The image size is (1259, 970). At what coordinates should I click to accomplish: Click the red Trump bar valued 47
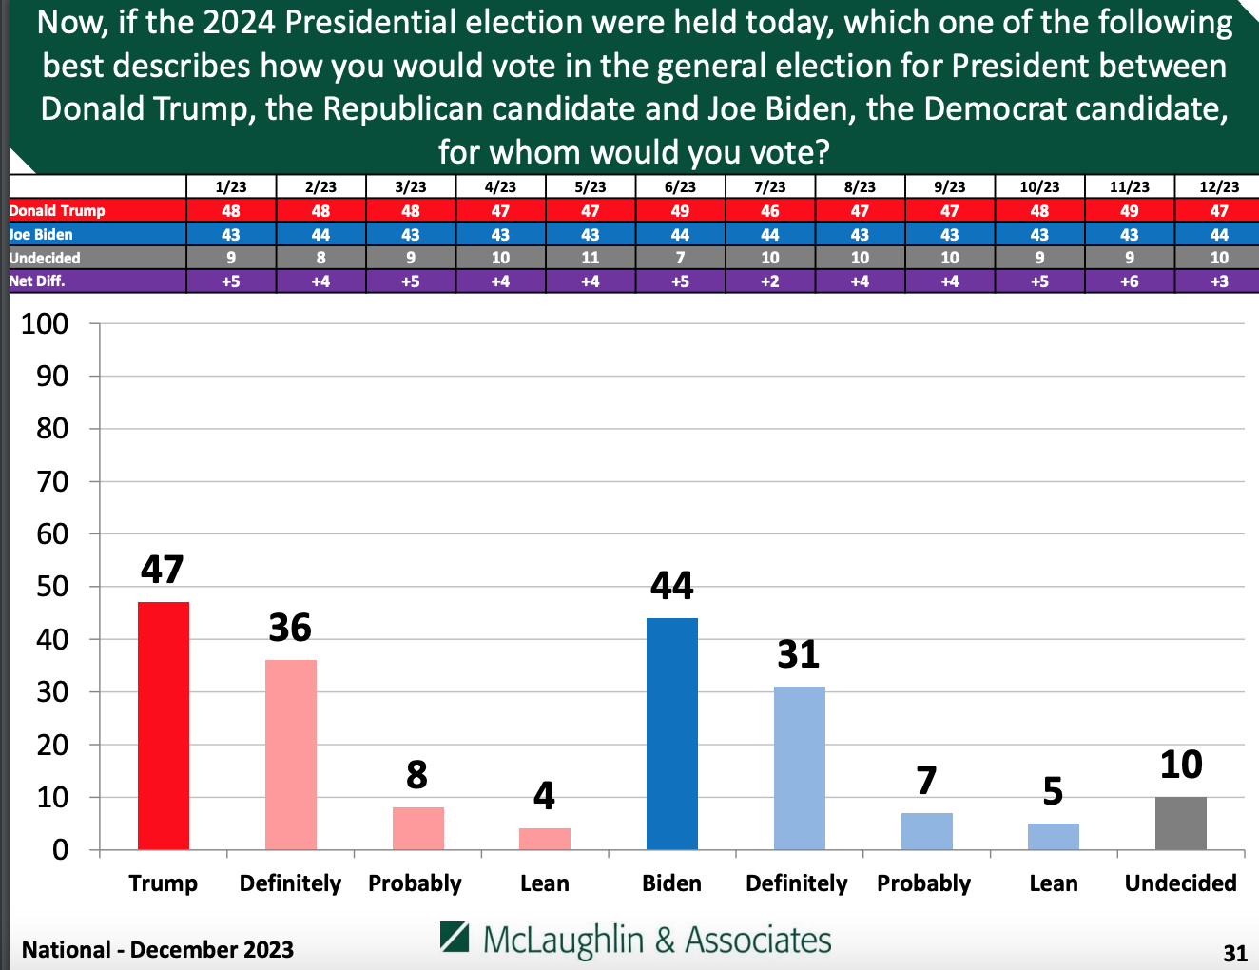(x=164, y=725)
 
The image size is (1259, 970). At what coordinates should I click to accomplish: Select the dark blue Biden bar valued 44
(x=672, y=733)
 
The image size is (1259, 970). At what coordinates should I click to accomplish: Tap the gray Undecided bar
(x=1181, y=823)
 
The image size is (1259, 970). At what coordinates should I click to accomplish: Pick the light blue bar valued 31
(x=800, y=767)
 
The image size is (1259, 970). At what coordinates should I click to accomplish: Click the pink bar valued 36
(x=291, y=754)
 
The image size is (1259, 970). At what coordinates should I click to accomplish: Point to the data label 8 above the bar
(x=416, y=775)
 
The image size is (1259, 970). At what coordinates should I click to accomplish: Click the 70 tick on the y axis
(x=52, y=482)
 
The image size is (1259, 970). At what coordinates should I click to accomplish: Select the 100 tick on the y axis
(x=45, y=324)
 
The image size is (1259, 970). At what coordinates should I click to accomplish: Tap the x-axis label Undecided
(x=1180, y=883)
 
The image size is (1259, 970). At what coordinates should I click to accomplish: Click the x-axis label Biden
(x=671, y=883)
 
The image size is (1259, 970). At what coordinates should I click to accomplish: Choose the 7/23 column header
(x=770, y=187)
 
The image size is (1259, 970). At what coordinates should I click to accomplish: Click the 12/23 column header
(x=1219, y=187)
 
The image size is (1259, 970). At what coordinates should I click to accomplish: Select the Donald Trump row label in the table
(x=57, y=210)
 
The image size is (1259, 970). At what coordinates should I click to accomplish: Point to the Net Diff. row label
(x=37, y=281)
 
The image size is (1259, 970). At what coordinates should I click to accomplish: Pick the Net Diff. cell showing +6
(x=1130, y=281)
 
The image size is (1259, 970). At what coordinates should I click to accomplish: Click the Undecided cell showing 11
(x=591, y=258)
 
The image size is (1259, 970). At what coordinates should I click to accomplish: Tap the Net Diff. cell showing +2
(x=770, y=281)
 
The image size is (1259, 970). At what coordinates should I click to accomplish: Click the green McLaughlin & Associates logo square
(x=455, y=937)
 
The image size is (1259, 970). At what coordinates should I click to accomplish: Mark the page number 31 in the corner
(x=1234, y=953)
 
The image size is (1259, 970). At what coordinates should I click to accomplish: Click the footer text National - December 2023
(x=158, y=949)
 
